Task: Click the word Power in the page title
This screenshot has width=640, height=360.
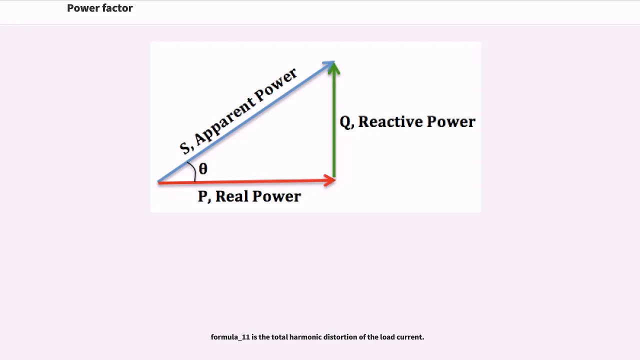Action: (82, 8)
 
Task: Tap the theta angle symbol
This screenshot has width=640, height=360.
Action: (203, 168)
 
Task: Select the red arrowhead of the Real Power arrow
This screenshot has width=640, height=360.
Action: (329, 180)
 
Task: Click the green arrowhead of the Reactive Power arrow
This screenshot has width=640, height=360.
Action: (333, 68)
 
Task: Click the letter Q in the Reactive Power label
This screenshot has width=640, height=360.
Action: (345, 122)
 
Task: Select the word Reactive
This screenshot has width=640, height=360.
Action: (390, 121)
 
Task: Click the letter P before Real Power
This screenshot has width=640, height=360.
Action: (202, 196)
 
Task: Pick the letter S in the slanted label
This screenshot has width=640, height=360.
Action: (184, 147)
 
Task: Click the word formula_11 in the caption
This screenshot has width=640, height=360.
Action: (230, 337)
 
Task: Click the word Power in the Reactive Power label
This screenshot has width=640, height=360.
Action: (451, 121)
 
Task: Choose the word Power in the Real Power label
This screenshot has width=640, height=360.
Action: (276, 196)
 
